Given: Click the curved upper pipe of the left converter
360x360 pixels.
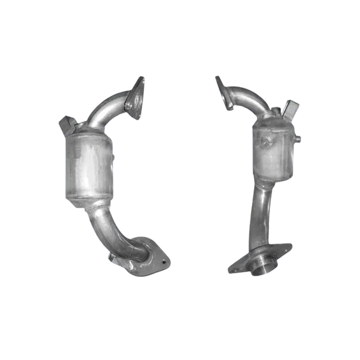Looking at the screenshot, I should point(108,112).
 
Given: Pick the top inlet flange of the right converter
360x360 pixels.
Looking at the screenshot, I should point(223,92).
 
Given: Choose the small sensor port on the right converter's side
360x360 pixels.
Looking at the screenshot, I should point(297,139).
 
